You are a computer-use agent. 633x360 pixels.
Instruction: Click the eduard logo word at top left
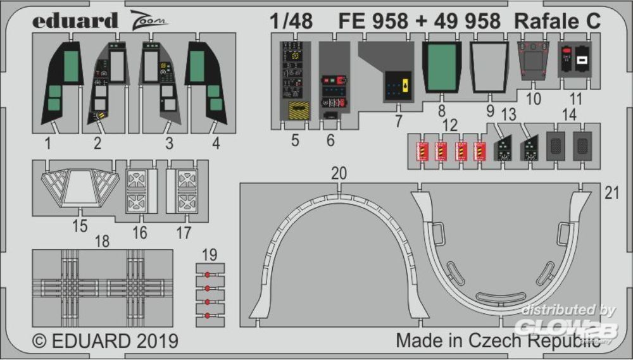click(x=75, y=20)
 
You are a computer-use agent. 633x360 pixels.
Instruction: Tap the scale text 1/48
click(x=291, y=21)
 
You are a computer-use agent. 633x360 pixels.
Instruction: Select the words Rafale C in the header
click(x=558, y=21)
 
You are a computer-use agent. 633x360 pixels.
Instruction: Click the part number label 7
click(x=398, y=121)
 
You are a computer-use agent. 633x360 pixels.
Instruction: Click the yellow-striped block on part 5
click(x=299, y=110)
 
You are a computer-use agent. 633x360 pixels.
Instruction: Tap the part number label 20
click(x=339, y=173)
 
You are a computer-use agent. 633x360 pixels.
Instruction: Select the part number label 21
click(x=612, y=194)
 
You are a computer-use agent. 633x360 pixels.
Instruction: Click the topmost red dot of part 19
click(x=208, y=275)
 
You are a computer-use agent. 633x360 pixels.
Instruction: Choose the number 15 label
click(x=80, y=226)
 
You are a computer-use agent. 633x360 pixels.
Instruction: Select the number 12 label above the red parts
click(x=449, y=125)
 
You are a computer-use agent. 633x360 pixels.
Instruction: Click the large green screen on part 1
click(x=71, y=66)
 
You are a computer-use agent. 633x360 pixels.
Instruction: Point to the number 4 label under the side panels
click(x=216, y=143)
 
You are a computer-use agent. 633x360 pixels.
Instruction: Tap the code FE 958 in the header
click(x=373, y=21)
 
